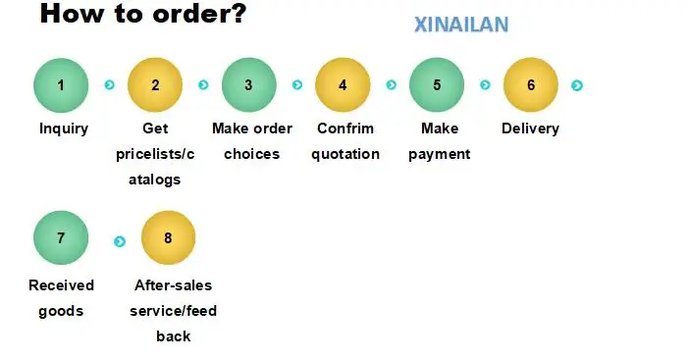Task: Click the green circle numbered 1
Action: (61, 85)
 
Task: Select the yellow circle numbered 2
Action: (155, 85)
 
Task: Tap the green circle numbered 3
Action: (249, 85)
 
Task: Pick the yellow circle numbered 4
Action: (343, 85)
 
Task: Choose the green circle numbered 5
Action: (437, 85)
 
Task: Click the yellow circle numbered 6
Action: (531, 85)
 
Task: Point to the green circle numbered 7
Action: (61, 237)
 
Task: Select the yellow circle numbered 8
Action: (168, 237)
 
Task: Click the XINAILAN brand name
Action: (461, 25)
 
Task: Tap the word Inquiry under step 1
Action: (64, 129)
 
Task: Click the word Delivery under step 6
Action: (530, 129)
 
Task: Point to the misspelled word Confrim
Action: (345, 129)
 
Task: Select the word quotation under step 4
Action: (345, 154)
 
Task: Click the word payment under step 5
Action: (440, 155)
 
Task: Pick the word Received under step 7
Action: (61, 285)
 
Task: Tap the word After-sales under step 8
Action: (173, 285)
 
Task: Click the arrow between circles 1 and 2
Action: (110, 84)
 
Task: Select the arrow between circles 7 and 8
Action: (120, 241)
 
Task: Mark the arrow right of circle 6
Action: (577, 85)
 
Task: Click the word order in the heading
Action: (199, 13)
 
